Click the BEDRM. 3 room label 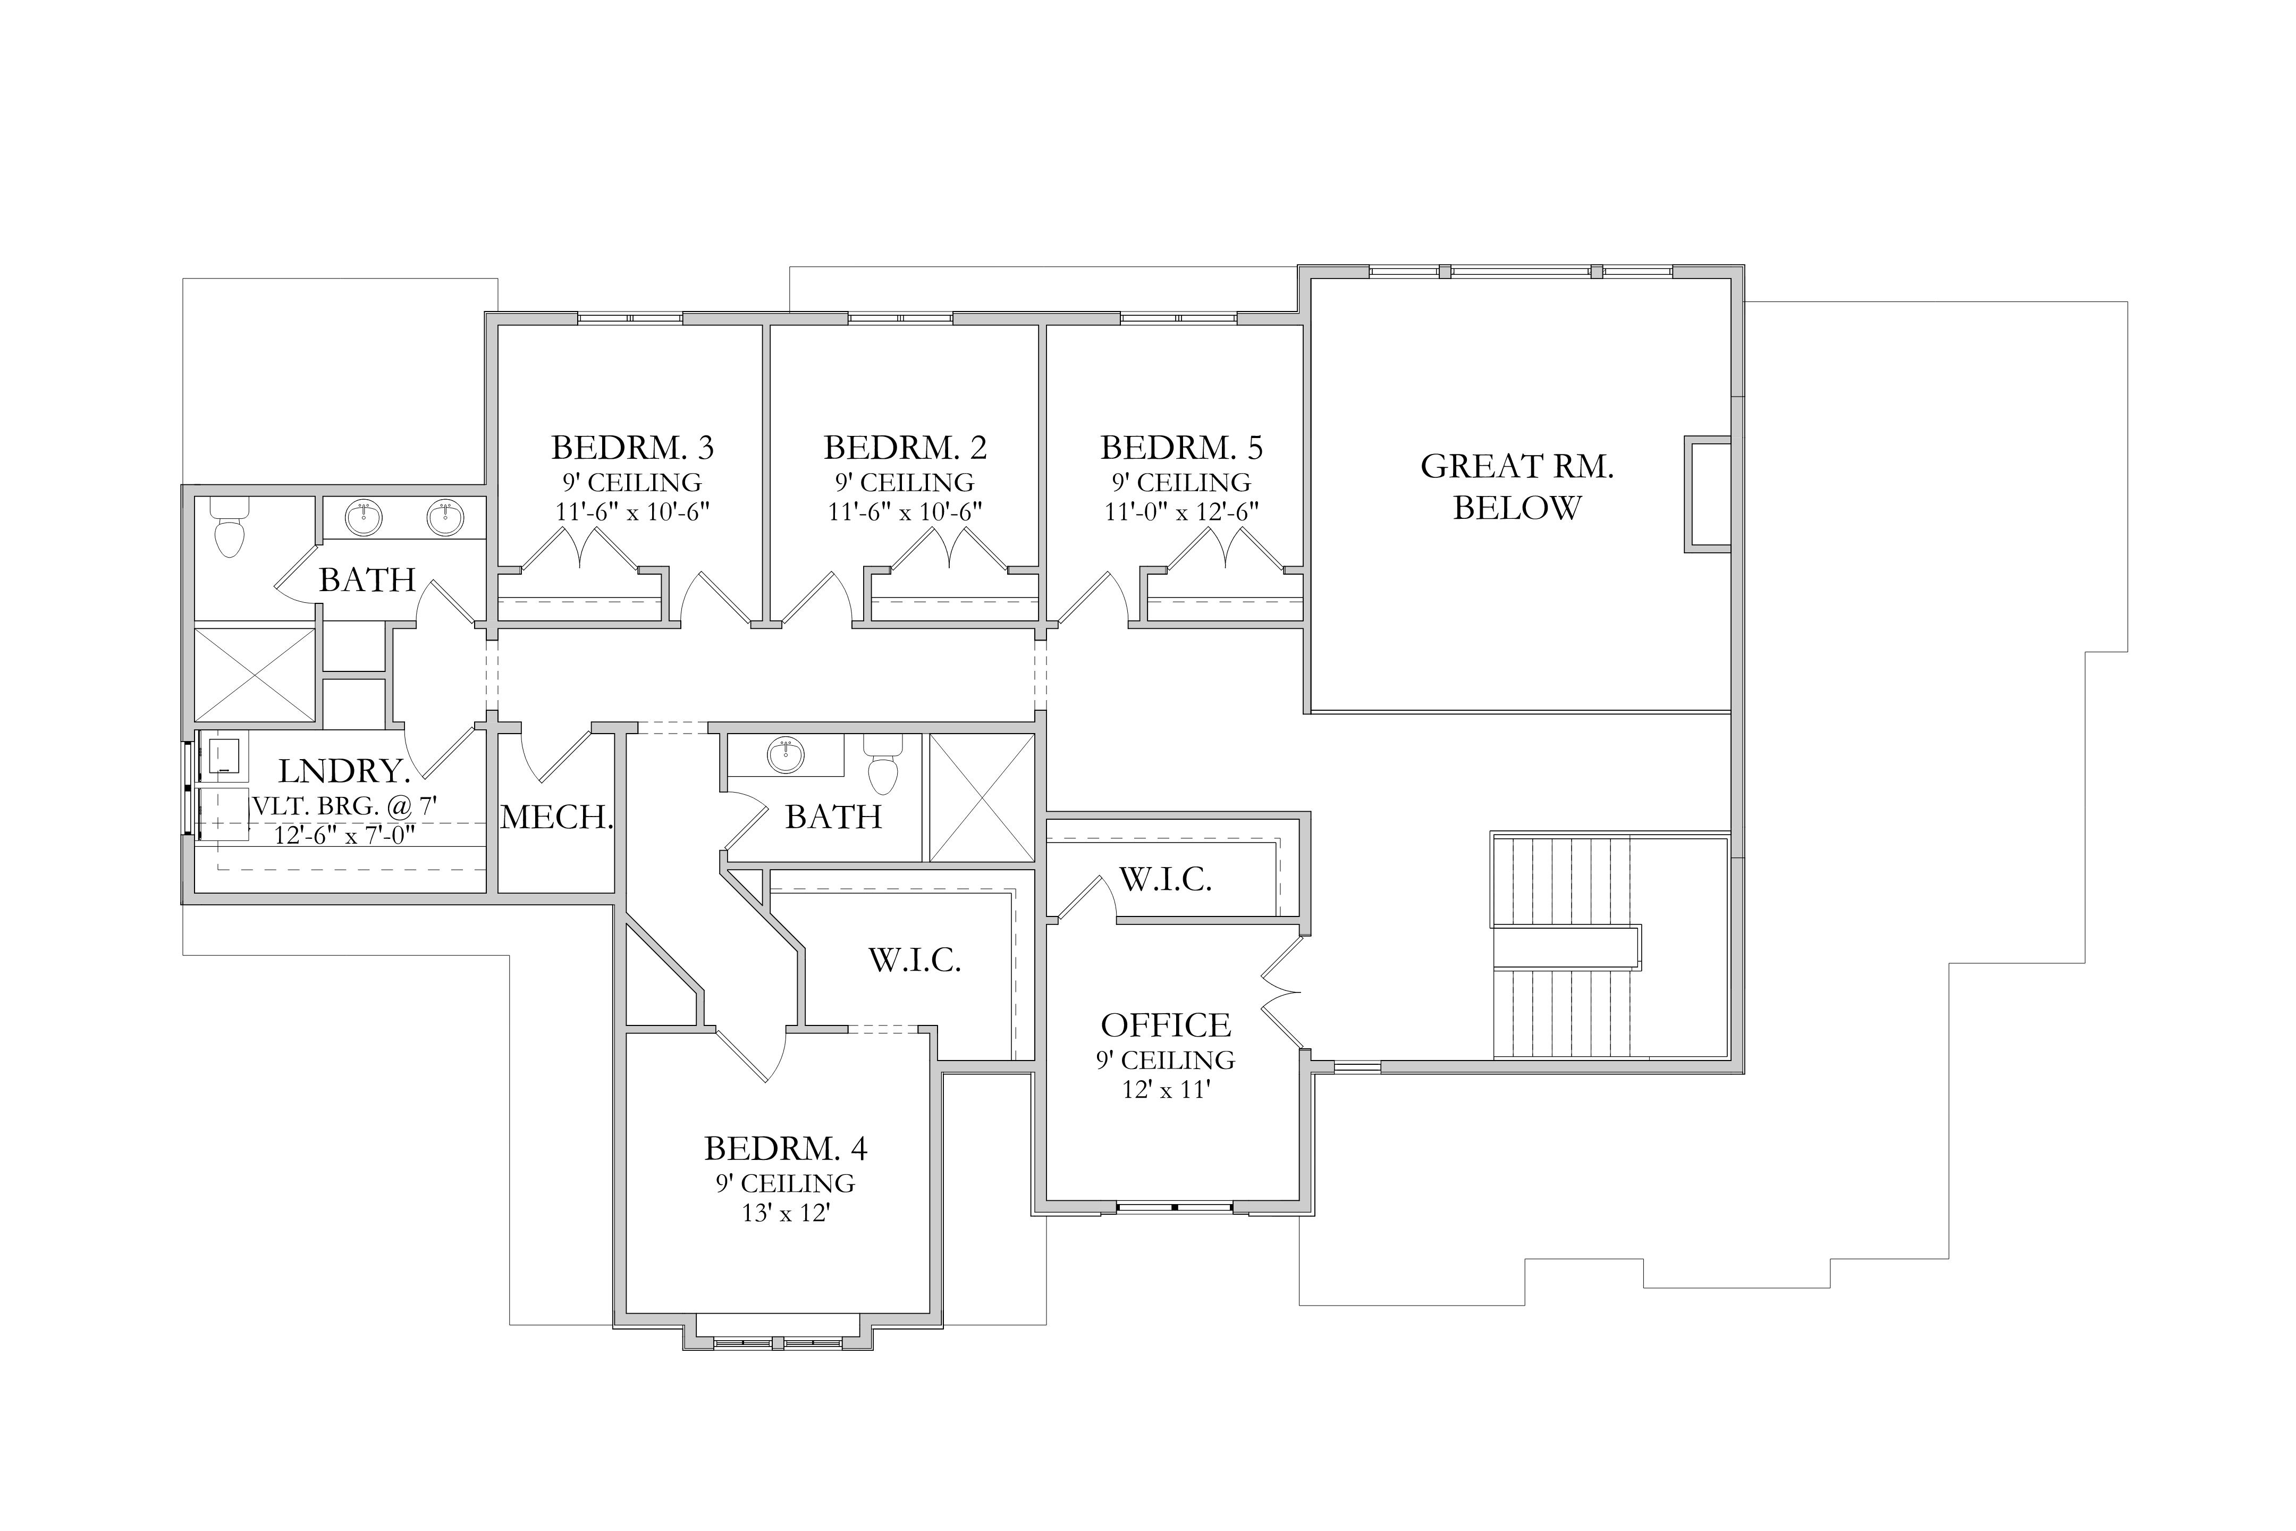[632, 448]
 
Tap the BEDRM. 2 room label [905, 448]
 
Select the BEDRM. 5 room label [1181, 448]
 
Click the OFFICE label [1166, 1025]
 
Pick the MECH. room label [556, 817]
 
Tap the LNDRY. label [344, 771]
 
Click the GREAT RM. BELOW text [1517, 487]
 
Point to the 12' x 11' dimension [1166, 1090]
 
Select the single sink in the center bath [786, 755]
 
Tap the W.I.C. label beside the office [1166, 880]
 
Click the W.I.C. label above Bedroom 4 [915, 961]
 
